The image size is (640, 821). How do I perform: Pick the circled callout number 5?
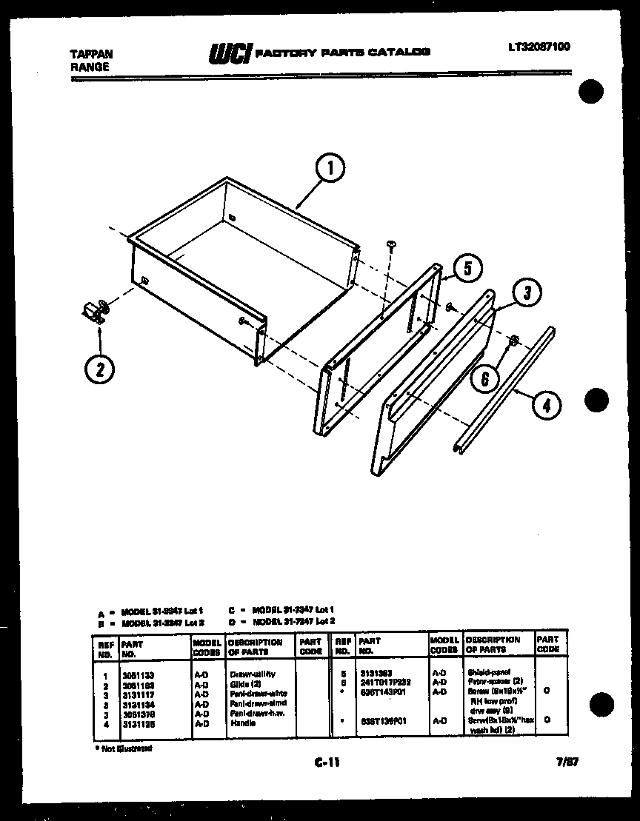click(x=466, y=268)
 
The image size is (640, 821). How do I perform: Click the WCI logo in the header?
click(x=228, y=53)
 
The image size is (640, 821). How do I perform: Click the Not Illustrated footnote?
click(x=124, y=748)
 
